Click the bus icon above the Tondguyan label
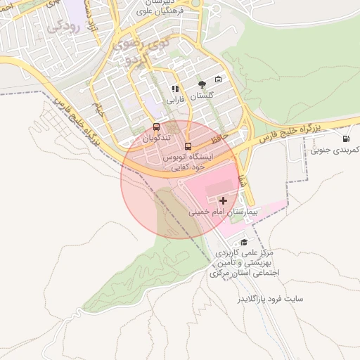pos(156,127)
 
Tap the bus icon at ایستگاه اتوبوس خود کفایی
pos(187,146)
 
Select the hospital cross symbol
pos(224,201)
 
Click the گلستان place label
pos(202,95)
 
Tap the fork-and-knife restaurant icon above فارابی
pos(174,89)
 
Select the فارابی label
pos(174,100)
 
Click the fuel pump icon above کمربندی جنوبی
pos(345,139)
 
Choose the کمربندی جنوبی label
pos(335,150)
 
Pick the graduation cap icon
pos(244,242)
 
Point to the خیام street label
pos(101,111)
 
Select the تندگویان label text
pos(156,139)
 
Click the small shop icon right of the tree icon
pos(218,79)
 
